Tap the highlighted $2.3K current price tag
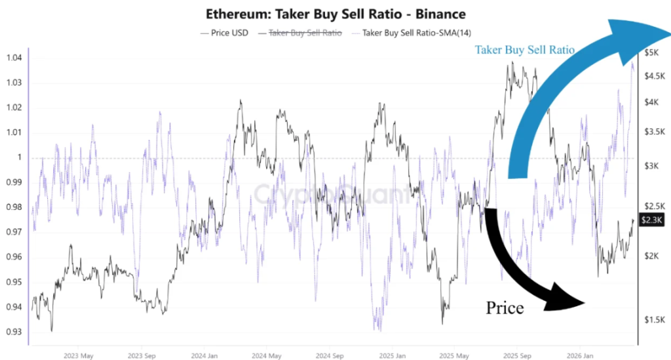pos(652,222)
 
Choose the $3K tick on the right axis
pos(653,167)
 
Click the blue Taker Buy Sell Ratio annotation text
pos(524,50)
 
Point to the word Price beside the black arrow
pos(505,308)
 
